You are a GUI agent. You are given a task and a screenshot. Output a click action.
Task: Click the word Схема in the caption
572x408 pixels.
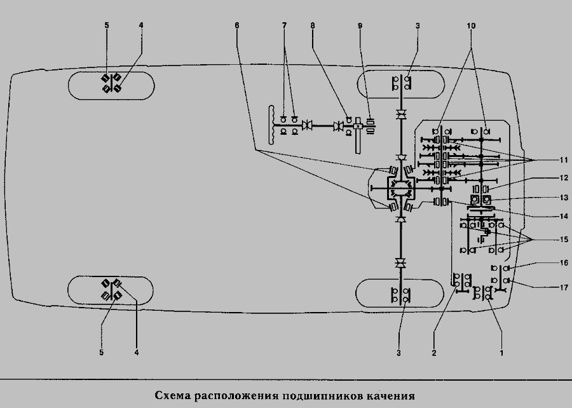172,395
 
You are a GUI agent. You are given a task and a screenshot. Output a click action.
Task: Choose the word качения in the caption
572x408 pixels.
388,395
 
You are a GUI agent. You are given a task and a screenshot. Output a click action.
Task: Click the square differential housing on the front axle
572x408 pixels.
400,189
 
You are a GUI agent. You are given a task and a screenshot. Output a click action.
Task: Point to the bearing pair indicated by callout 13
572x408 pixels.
481,201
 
